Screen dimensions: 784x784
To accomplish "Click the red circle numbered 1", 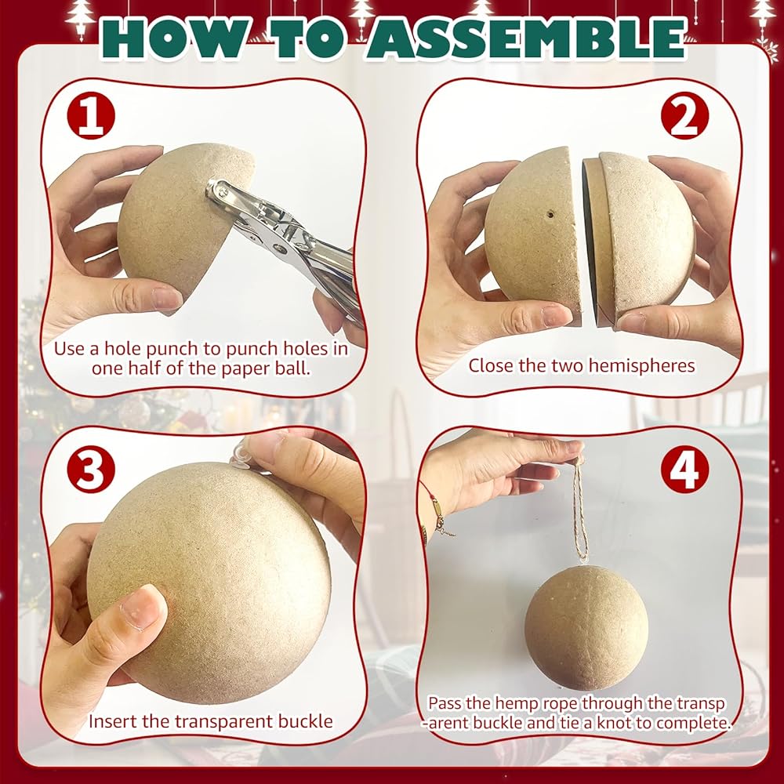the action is point(91,117).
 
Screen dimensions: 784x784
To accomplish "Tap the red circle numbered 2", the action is point(684,117).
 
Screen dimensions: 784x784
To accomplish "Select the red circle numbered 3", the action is point(91,470).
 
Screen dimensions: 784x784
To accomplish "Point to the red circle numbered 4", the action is point(684,470).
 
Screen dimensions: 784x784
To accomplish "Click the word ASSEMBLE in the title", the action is point(527,38).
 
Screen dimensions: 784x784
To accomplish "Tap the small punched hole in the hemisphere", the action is point(550,215).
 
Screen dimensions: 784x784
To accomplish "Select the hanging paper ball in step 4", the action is point(586,628).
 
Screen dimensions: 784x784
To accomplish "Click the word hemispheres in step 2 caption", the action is point(641,365).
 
